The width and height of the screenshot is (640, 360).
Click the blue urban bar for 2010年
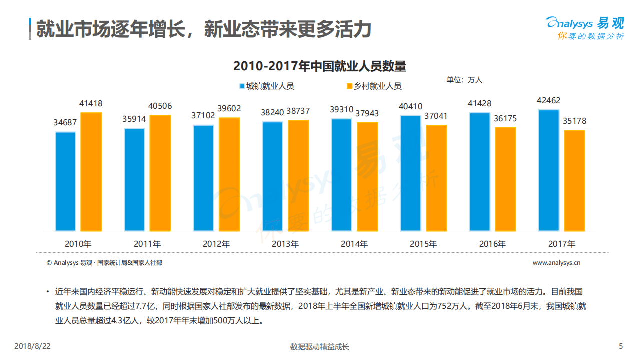65,181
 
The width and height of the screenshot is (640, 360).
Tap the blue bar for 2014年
341,175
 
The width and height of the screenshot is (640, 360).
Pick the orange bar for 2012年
229,174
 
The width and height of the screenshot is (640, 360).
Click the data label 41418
91,104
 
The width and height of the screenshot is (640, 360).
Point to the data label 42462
549,101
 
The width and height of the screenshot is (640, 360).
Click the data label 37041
436,116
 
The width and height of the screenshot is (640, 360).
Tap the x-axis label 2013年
285,244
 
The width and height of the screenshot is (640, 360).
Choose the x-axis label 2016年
492,244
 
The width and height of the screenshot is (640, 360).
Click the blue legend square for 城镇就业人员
242,86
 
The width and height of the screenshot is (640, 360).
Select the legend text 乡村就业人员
378,86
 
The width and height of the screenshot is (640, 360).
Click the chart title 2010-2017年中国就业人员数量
320,66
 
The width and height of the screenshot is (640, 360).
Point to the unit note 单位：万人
464,80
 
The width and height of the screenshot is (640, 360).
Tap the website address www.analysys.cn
556,262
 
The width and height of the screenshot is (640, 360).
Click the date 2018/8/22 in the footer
33,346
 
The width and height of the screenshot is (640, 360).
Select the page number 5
621,346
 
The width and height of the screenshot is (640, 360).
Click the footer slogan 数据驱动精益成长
320,347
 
